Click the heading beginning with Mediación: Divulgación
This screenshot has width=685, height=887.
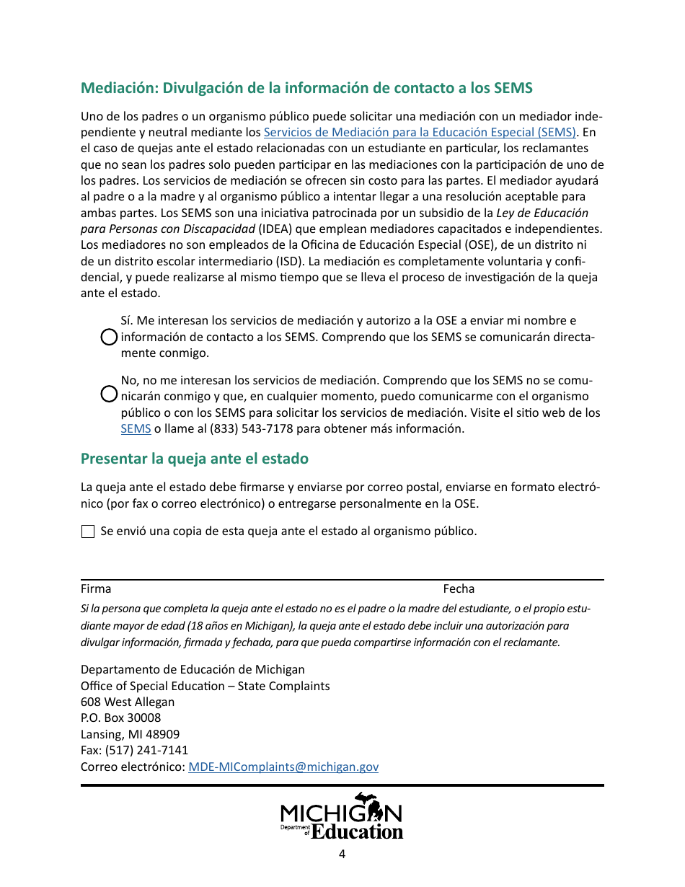pos(306,88)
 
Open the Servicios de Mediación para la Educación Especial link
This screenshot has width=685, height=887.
pos(420,132)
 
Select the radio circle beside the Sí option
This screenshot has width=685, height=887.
pos(108,337)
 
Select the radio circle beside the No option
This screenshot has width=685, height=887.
pos(108,394)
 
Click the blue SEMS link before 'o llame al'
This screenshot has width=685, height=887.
pos(136,428)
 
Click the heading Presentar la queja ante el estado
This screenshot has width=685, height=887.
pos(195,459)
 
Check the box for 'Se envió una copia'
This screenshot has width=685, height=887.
pos(88,532)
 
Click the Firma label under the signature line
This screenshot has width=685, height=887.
pos(96,589)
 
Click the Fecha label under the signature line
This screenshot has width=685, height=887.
pos(459,589)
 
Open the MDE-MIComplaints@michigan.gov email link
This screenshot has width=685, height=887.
pos(283,767)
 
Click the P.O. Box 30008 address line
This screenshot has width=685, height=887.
pos(120,718)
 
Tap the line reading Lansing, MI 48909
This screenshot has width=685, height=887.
pos(130,734)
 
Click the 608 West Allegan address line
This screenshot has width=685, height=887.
pos(128,702)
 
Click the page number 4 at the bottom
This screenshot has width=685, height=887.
pos(342,855)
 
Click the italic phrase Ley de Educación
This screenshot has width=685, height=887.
pos(542,213)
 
